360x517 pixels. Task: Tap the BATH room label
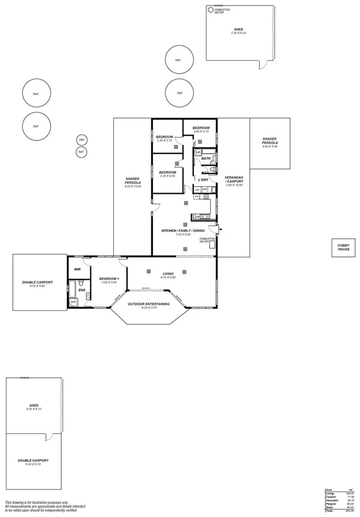206,159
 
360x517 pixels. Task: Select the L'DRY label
203,180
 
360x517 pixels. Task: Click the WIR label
77,269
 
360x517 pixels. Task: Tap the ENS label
81,289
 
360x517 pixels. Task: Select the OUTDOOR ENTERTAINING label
149,304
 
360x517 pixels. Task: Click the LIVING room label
168,273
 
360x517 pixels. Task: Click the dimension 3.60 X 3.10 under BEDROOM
201,131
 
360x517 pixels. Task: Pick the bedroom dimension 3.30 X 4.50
168,176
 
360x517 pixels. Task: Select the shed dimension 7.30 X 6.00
239,33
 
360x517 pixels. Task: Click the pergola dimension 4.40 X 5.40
270,147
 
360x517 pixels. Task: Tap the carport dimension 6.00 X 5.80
37,286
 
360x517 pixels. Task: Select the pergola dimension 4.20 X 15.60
133,186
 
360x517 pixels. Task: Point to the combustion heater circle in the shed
210,11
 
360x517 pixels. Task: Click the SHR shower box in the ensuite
72,302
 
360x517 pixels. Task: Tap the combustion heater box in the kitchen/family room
212,246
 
